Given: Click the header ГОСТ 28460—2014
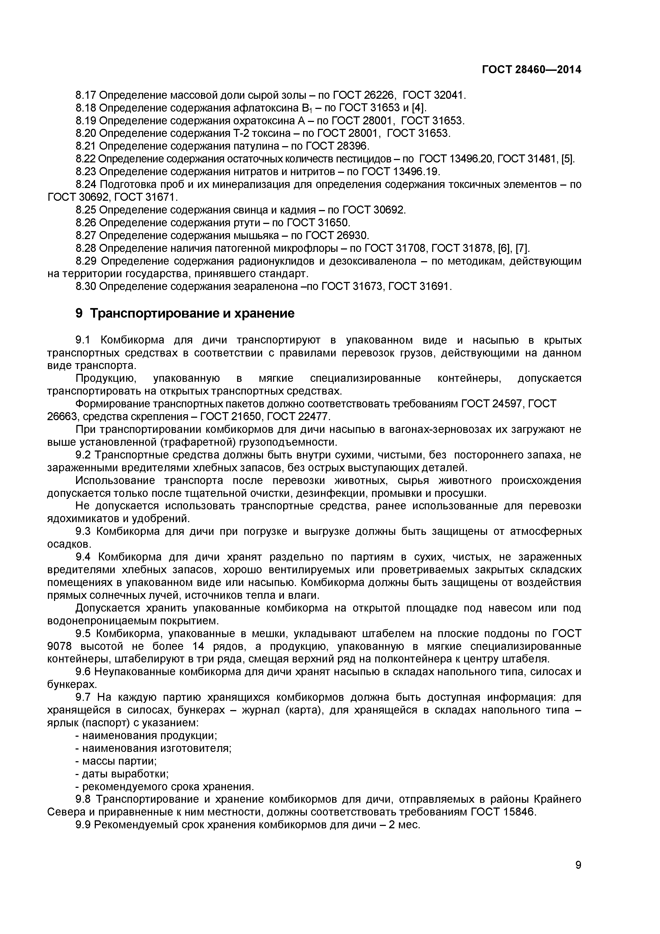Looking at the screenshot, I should point(531,69).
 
